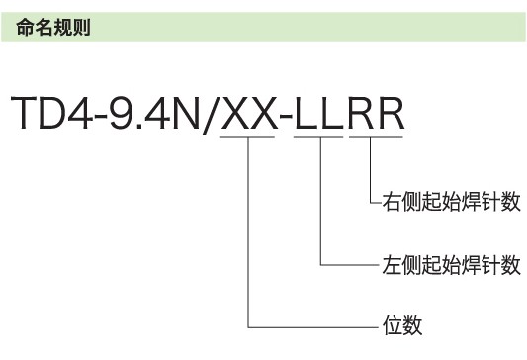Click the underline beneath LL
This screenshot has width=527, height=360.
tap(321, 138)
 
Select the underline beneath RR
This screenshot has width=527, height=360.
tap(374, 138)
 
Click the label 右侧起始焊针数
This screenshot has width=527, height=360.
tap(450, 203)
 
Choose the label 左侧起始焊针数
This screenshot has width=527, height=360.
tap(450, 264)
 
